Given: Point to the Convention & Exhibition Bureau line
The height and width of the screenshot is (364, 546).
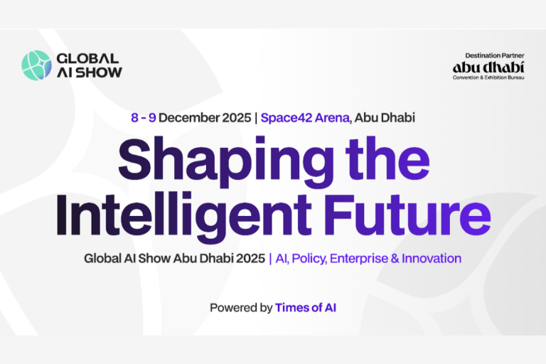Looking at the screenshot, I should (488, 77).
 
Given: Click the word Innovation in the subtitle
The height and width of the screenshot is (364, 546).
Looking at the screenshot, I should (432, 258).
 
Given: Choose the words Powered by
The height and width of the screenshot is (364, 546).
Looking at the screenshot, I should (241, 308).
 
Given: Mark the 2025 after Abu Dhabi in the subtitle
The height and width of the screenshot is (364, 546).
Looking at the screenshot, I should (250, 258).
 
